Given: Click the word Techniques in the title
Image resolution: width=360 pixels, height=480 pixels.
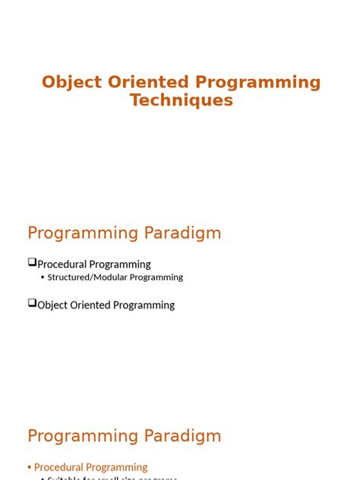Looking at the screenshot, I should pyautogui.click(x=181, y=100).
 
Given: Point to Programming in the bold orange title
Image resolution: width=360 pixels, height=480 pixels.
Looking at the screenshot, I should pyautogui.click(x=258, y=82).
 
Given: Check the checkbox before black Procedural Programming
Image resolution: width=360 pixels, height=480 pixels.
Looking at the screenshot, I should pyautogui.click(x=33, y=263).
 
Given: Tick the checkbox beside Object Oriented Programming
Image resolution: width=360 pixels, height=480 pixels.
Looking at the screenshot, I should pyautogui.click(x=33, y=303).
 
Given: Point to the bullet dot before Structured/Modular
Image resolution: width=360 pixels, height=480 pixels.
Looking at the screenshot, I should pyautogui.click(x=43, y=278).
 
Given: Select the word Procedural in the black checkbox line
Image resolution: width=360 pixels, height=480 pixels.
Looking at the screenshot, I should pyautogui.click(x=62, y=264).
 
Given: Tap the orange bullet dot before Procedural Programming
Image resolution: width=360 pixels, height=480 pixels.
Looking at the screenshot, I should pyautogui.click(x=30, y=467).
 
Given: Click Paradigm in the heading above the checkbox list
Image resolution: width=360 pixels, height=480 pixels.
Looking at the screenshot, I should pyautogui.click(x=183, y=233).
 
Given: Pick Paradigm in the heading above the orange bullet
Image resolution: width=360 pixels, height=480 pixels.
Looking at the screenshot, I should pyautogui.click(x=183, y=436).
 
